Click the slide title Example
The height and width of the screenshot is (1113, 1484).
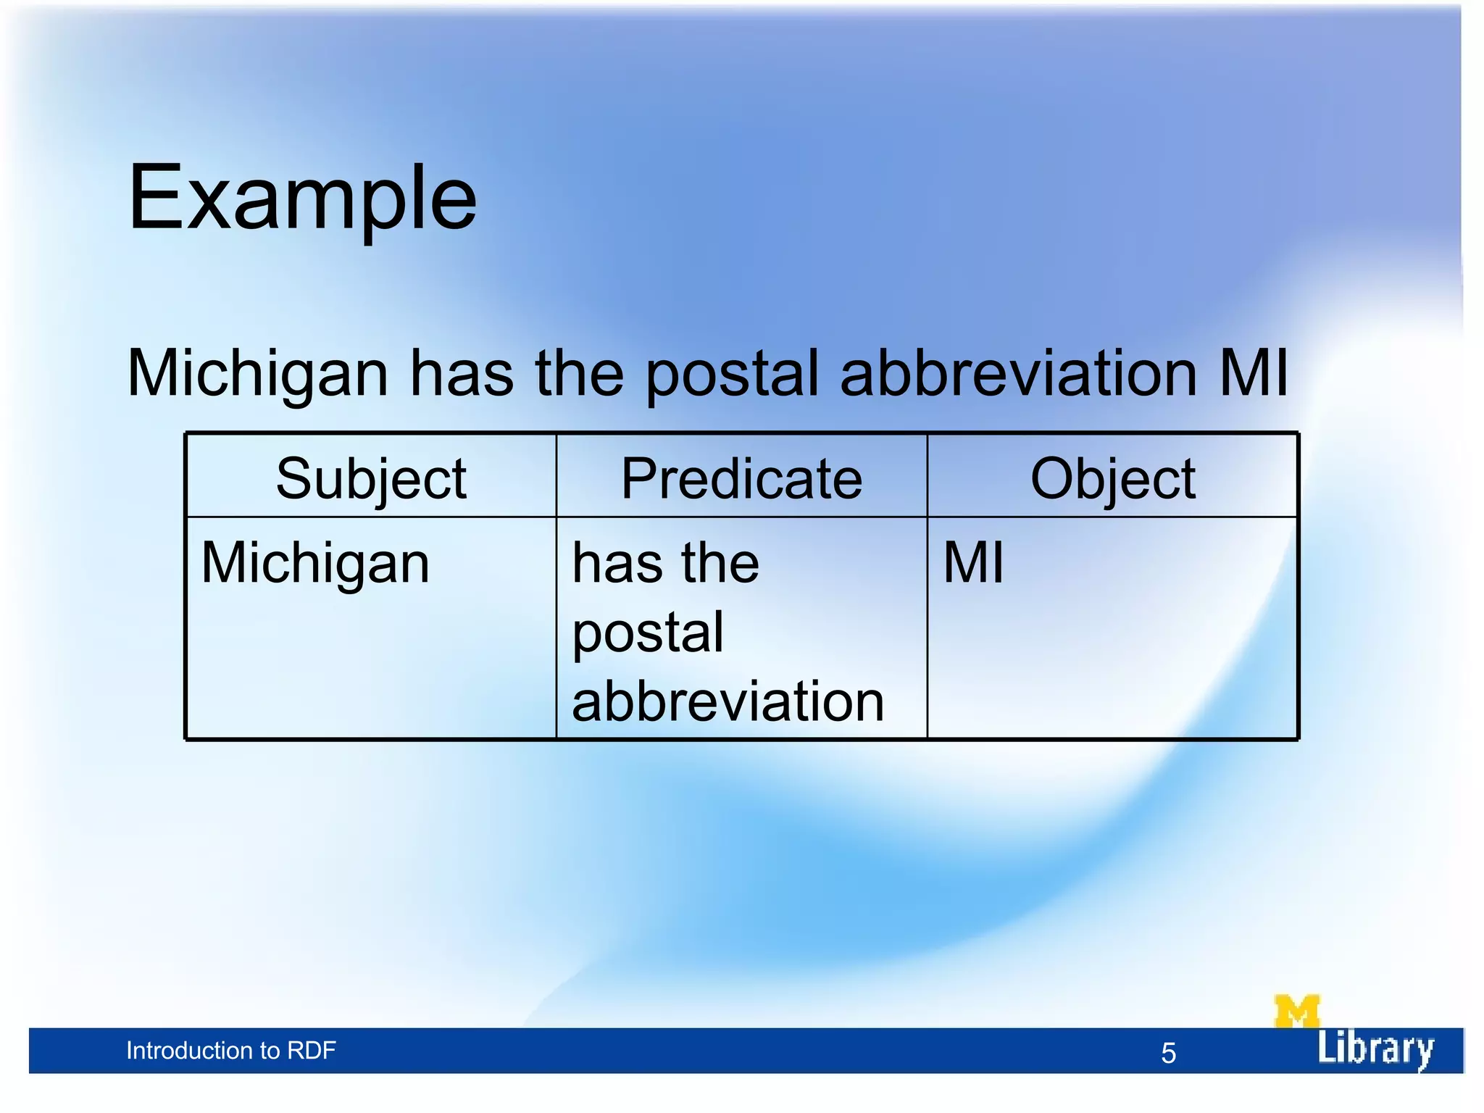302,198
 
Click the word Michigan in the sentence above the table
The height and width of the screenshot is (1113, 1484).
258,374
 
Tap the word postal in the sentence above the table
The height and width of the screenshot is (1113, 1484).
732,374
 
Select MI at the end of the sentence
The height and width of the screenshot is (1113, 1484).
1254,374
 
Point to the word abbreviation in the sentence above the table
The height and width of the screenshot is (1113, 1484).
1018,374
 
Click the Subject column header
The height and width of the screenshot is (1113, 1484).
371,479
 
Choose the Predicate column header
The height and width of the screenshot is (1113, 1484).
741,479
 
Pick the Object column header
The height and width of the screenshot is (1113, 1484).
1112,479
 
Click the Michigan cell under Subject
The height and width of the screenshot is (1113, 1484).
315,564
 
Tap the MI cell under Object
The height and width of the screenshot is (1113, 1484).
973,563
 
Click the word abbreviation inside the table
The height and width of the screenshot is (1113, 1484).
728,701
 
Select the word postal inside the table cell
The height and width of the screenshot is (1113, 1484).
648,633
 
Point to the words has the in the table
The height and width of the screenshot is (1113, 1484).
665,563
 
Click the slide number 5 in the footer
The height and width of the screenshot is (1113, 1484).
1168,1053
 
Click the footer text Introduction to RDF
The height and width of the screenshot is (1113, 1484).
230,1051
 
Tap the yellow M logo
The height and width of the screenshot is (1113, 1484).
1296,1011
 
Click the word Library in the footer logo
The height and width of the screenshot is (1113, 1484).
1375,1049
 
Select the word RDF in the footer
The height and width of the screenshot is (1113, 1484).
312,1051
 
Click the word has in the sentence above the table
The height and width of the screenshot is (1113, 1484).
462,374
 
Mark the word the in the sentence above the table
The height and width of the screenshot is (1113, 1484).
579,374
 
